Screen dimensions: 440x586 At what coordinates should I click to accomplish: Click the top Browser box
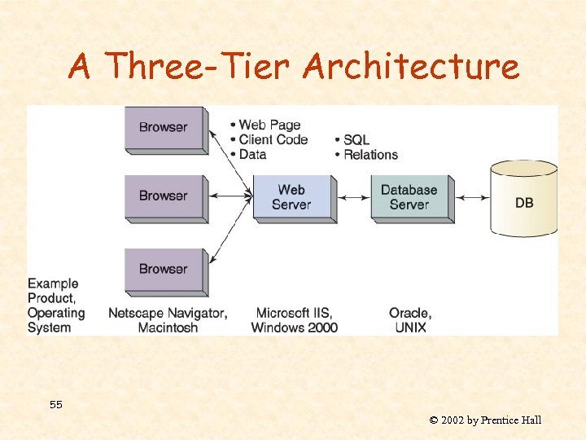164,128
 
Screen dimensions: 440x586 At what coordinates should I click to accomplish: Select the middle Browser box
164,196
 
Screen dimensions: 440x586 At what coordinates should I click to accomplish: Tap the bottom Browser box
164,270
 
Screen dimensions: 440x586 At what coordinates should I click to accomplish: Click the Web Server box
291,196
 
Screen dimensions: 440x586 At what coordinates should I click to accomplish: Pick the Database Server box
409,196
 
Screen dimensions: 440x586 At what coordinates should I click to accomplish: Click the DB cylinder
524,200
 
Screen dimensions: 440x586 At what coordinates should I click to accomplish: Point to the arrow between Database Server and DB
471,196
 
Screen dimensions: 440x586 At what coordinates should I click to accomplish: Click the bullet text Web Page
269,125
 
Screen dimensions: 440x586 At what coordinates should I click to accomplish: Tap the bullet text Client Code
273,139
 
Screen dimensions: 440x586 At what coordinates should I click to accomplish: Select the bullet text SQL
356,140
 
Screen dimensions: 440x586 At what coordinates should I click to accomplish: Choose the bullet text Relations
370,155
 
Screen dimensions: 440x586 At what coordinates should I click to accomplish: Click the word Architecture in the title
410,67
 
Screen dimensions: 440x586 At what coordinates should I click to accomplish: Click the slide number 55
55,405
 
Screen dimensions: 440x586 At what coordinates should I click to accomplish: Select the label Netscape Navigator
168,313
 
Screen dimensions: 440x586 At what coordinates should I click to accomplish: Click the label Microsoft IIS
294,313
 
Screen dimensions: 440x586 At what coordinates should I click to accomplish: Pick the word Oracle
410,313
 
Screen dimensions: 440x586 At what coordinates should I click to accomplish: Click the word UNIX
410,328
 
